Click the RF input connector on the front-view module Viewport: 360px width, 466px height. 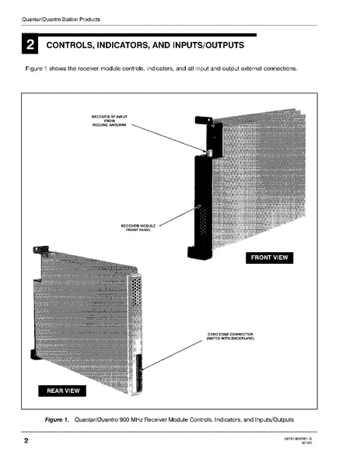(x=209, y=152)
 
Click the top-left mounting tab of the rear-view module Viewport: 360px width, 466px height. (x=36, y=251)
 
